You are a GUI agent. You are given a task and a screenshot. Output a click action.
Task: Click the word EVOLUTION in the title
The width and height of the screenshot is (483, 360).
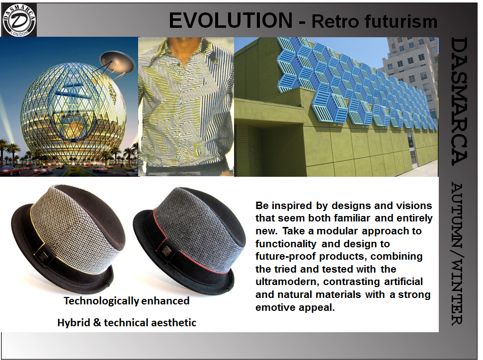pos(231,21)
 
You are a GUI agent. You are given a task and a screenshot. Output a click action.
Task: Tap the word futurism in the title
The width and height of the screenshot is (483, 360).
pos(401,21)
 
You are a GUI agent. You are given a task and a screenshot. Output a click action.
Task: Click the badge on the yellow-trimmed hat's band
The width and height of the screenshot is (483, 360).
pos(43,255)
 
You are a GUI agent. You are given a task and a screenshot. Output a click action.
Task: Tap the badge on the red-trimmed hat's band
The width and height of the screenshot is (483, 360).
pos(167,251)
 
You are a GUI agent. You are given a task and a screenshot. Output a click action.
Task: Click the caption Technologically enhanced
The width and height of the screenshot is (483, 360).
pos(127,300)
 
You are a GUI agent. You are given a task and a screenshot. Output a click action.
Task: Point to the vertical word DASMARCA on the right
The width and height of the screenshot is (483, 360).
pos(459,101)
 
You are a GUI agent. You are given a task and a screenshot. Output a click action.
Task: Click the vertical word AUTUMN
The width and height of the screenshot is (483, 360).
pos(457,216)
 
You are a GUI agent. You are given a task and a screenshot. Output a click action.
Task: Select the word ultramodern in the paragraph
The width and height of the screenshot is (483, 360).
pos(287,282)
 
